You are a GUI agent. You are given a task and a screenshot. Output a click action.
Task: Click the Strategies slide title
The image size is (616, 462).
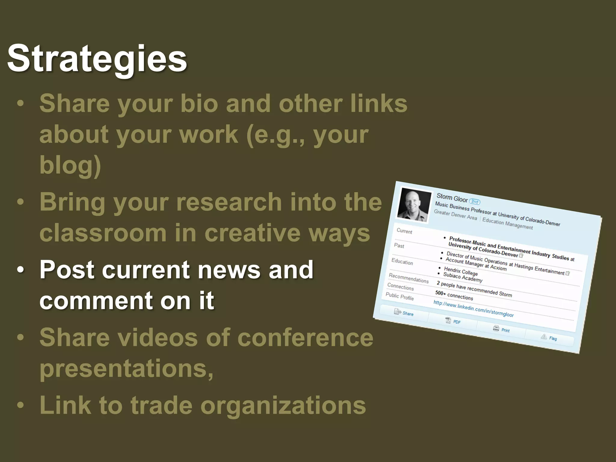point(97,59)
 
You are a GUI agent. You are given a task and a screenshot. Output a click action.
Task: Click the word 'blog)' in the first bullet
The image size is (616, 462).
point(70,165)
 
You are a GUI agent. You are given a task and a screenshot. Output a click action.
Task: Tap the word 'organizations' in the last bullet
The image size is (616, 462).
point(283,405)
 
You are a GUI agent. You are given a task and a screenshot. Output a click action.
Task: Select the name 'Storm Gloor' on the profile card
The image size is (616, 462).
point(452,198)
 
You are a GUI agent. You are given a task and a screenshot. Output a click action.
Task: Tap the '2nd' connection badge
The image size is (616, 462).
point(475,202)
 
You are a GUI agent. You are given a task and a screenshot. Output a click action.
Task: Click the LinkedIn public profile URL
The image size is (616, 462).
point(473,309)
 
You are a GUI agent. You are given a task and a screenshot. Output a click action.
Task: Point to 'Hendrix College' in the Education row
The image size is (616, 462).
point(461,271)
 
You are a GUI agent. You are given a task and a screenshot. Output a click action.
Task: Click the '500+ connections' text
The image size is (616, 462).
point(454,295)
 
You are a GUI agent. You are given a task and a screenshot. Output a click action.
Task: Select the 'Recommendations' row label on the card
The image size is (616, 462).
point(408,278)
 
